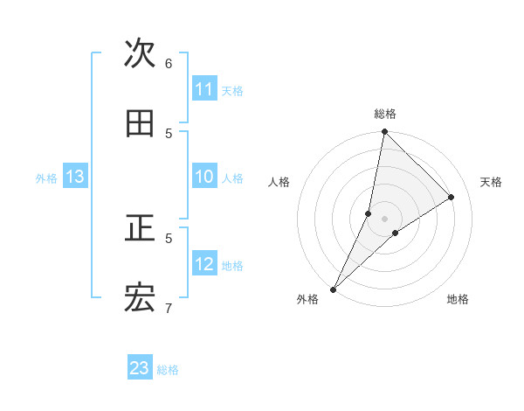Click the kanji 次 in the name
(140, 53)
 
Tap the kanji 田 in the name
(140, 124)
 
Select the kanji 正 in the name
(140, 229)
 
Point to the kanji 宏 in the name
(140, 299)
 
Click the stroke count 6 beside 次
(169, 63)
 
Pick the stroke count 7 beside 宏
(169, 307)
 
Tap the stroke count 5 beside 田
(169, 133)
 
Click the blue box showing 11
(204, 89)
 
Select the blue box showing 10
(204, 177)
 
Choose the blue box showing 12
(204, 264)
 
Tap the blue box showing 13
(75, 177)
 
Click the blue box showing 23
(140, 368)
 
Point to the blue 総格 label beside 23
(168, 370)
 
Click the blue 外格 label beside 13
(46, 178)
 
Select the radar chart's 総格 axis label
(385, 114)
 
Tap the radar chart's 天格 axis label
(491, 182)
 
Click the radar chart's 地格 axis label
(458, 299)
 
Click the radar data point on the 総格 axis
(384, 132)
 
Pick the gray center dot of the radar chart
(384, 218)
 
